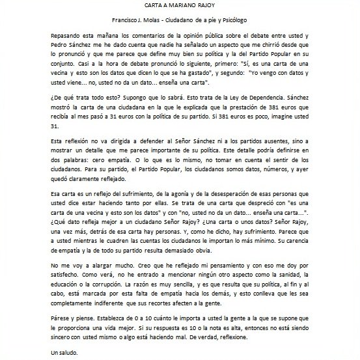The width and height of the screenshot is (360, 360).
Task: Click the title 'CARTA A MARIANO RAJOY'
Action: point(180,6)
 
